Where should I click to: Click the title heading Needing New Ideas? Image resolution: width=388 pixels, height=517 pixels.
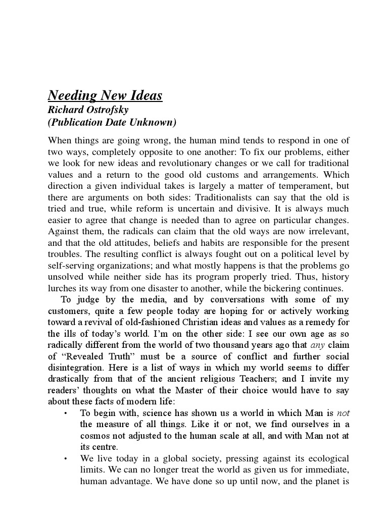[105, 96]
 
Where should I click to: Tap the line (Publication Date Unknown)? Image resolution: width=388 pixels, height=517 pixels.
[112, 123]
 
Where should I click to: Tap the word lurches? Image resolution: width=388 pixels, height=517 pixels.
[63, 288]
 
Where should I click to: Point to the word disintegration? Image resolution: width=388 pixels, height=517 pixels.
[78, 368]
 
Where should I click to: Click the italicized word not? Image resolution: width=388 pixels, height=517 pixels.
[343, 412]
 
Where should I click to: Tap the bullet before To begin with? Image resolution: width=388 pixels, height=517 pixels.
[66, 413]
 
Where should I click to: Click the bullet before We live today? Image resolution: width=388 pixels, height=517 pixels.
[66, 458]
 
